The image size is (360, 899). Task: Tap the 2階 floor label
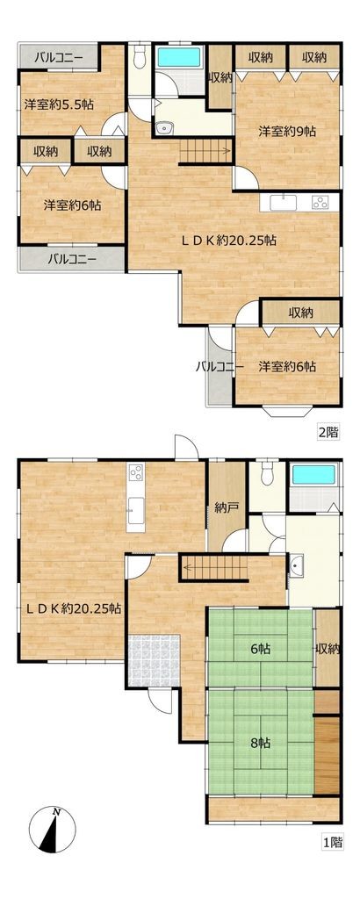(328, 434)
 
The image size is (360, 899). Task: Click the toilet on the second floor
(140, 56)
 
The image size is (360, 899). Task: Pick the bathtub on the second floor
(178, 57)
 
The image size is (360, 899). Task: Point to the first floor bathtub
(313, 475)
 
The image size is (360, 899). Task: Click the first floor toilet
(267, 472)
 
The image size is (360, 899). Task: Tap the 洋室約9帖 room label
(288, 132)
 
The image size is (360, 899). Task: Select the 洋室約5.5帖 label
(59, 104)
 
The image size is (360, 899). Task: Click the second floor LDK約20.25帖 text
(229, 241)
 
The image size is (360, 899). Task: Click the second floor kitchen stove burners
(320, 202)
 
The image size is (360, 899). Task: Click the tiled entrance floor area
(155, 659)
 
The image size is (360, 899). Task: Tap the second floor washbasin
(164, 128)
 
